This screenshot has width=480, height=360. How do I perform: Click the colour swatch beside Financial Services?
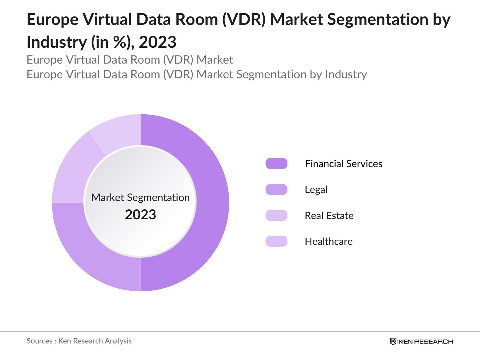[x=276, y=163]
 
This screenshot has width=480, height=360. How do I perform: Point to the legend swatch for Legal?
[x=276, y=190]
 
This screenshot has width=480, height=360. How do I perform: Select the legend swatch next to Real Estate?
[x=276, y=215]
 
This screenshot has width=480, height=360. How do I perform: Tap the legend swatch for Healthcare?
[x=276, y=241]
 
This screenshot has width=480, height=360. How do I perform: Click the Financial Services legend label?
[x=343, y=163]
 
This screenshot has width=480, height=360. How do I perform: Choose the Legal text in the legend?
[x=316, y=190]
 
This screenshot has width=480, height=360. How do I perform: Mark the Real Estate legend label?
[x=329, y=215]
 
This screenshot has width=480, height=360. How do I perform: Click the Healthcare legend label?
[x=328, y=241]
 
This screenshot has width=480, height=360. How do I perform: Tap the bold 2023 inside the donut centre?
[x=140, y=215]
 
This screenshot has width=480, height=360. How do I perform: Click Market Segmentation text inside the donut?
[x=140, y=197]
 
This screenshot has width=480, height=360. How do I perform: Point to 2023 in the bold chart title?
[x=157, y=42]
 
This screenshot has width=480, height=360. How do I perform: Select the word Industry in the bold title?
[x=56, y=42]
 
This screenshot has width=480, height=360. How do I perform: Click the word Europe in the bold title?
[x=52, y=19]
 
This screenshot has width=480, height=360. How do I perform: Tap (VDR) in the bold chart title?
[x=244, y=19]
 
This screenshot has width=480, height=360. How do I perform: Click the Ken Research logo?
[x=421, y=341]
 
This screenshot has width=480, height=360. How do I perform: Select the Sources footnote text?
[x=79, y=341]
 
